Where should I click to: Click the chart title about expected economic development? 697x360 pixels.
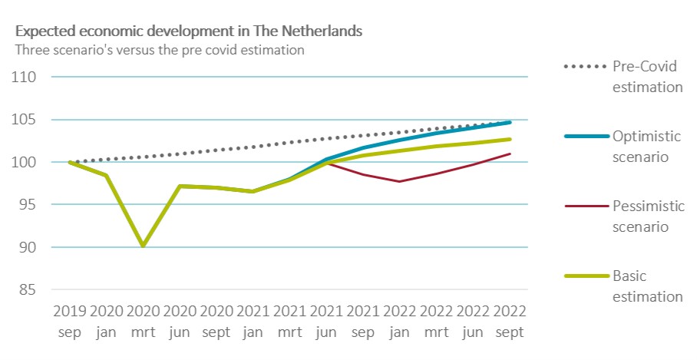189,32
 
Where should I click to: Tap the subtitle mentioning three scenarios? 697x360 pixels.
160,50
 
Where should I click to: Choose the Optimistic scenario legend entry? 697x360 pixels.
647,146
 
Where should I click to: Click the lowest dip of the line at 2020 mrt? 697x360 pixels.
144,246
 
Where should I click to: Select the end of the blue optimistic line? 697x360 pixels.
510,122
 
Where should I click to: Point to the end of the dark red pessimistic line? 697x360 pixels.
510,154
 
